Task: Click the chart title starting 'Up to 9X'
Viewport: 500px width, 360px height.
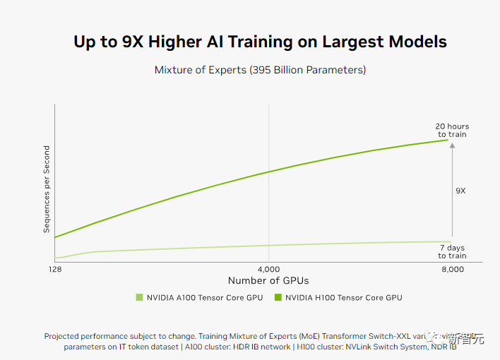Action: (x=260, y=41)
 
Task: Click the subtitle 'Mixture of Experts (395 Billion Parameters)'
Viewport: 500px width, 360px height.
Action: (x=260, y=70)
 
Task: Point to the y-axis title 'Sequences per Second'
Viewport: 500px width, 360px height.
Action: (x=47, y=189)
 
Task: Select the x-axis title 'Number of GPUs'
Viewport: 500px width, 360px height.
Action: (x=268, y=281)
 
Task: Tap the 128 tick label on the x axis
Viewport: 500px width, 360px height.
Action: (x=54, y=270)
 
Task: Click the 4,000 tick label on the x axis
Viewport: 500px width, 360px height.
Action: (x=268, y=270)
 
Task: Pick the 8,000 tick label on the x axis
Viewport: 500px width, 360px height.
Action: (x=451, y=270)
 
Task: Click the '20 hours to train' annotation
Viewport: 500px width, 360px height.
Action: (x=451, y=131)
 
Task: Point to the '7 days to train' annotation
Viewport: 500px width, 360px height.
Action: (x=452, y=251)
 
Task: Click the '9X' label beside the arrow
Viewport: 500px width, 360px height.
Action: (x=460, y=191)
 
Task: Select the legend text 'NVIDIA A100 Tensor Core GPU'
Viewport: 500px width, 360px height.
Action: (x=204, y=298)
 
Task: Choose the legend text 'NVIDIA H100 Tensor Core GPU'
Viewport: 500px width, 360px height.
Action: (x=344, y=298)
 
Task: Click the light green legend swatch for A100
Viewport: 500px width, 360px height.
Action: (x=139, y=298)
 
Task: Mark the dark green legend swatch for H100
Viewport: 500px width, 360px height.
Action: (x=278, y=298)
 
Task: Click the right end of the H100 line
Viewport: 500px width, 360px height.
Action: (x=448, y=140)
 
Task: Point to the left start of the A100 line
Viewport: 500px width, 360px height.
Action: (x=56, y=258)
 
